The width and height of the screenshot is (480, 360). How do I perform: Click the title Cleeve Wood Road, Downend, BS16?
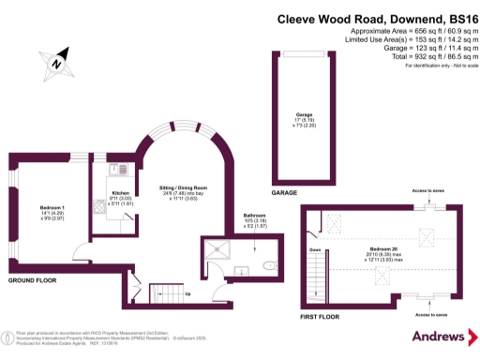click(x=377, y=18)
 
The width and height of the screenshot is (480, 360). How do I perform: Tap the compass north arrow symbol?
click(x=58, y=62)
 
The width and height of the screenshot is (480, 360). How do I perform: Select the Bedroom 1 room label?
click(x=52, y=210)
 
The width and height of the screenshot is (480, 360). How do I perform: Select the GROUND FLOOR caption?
click(x=34, y=280)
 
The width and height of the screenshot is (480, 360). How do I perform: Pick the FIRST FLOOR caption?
click(x=319, y=317)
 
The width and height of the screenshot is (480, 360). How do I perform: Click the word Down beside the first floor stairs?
click(x=315, y=250)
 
